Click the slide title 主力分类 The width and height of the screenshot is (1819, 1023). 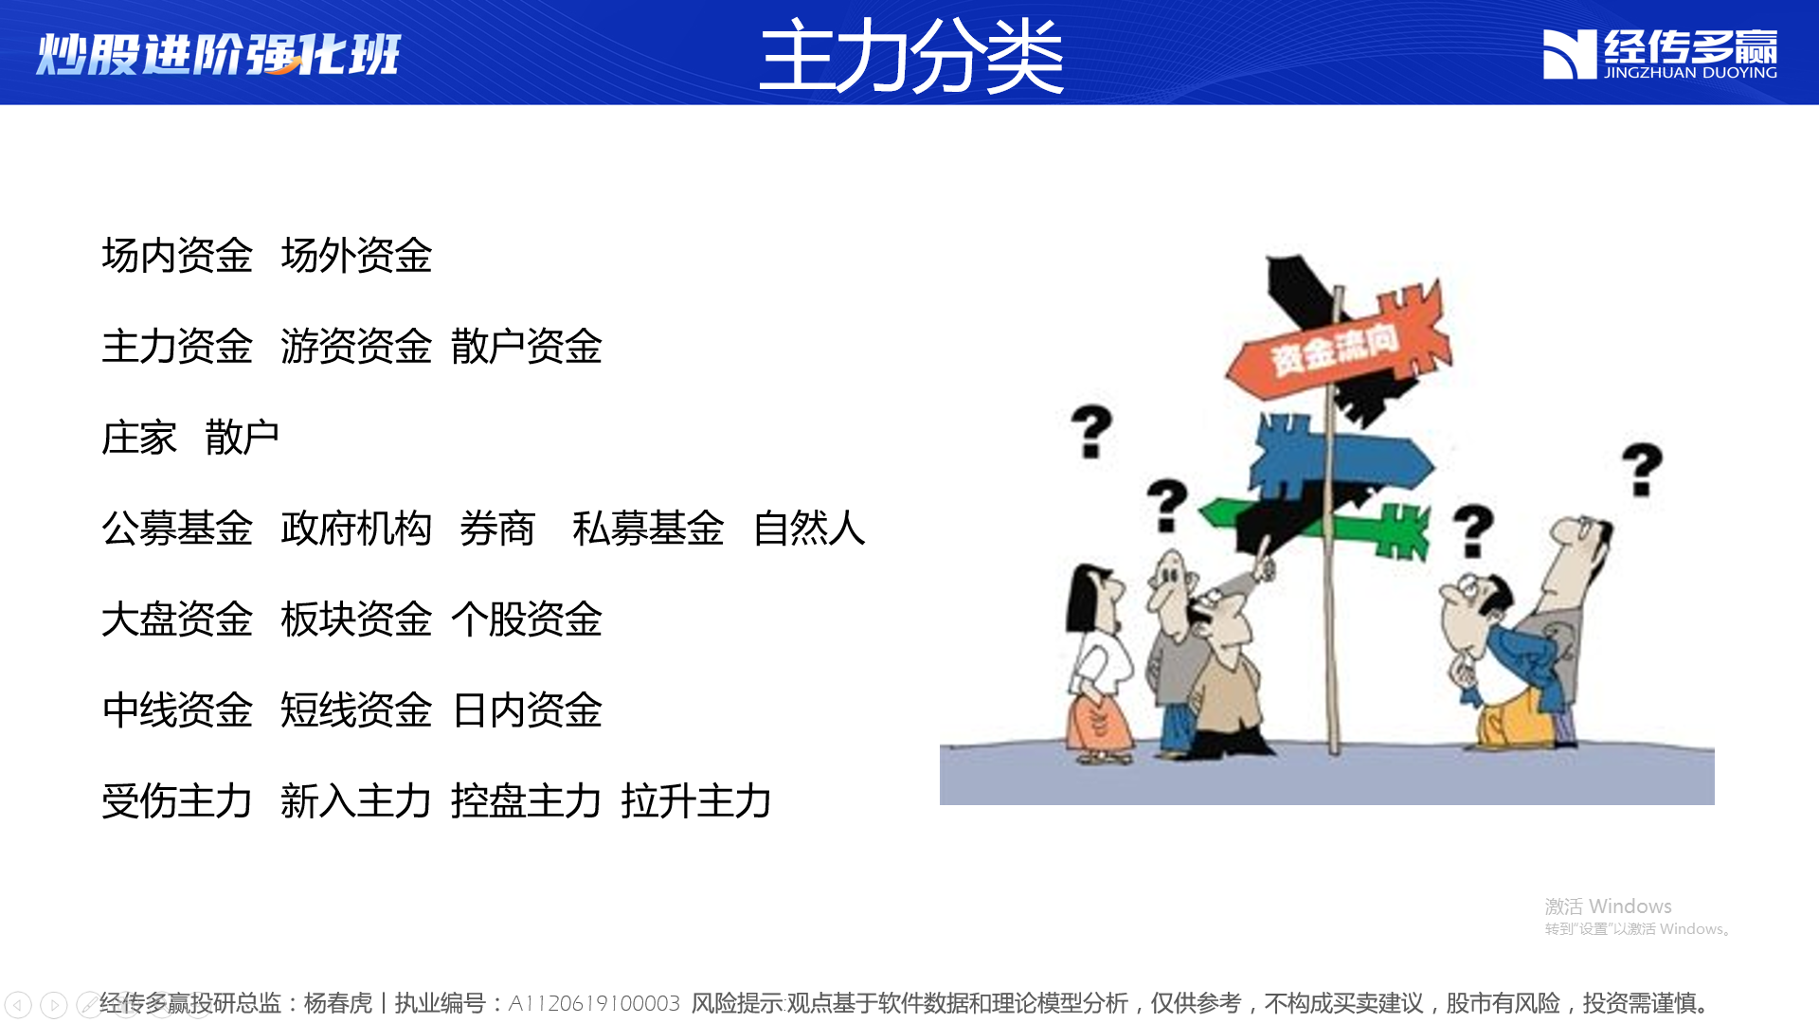point(911,56)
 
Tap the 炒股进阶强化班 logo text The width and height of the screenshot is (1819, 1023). point(219,54)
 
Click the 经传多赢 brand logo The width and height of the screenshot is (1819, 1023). point(1660,54)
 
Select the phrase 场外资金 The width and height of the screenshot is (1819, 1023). point(356,256)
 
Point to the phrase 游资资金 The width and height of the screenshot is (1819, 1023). point(356,347)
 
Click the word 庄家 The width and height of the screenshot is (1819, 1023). point(139,438)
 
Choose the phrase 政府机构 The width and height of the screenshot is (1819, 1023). point(356,529)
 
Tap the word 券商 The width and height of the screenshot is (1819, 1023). point(497,529)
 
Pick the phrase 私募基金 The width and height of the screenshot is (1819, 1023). point(649,529)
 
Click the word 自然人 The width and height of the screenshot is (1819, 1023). point(809,529)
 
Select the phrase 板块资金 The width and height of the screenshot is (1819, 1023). point(356,619)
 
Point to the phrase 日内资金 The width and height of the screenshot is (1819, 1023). point(527,710)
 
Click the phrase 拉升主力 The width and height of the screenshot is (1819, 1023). point(696,801)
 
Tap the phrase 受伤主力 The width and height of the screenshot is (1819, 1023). point(177,801)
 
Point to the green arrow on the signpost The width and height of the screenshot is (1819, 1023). point(1317,526)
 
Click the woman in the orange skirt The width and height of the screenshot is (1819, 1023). point(1098,663)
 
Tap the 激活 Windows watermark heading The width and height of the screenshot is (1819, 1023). point(1608,906)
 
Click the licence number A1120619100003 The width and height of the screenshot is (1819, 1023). point(594,1003)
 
